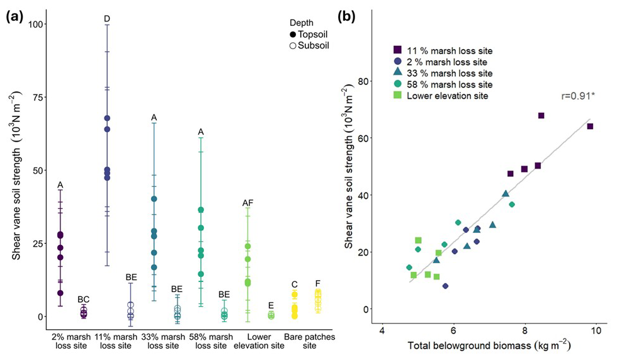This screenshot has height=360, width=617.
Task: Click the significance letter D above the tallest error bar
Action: pyautogui.click(x=107, y=19)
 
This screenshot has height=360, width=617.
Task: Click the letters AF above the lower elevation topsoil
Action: pyautogui.click(x=247, y=203)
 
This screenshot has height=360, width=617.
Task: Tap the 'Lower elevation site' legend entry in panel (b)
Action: pyautogui.click(x=441, y=96)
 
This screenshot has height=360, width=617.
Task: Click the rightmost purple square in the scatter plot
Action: pyautogui.click(x=590, y=127)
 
